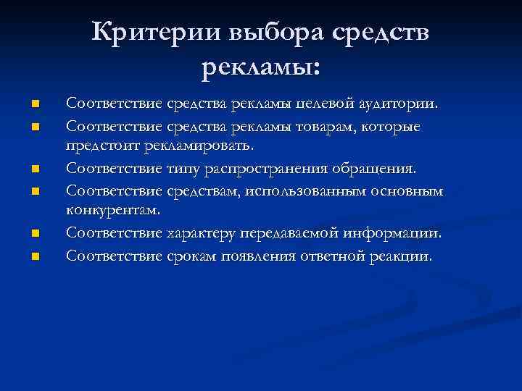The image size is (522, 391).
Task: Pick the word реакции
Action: [402, 256]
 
